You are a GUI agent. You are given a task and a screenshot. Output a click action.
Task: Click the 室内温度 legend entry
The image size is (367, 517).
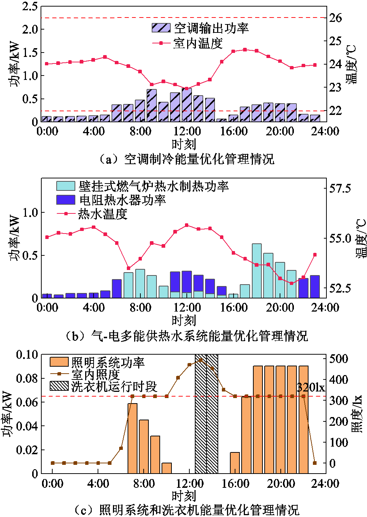tap(198, 43)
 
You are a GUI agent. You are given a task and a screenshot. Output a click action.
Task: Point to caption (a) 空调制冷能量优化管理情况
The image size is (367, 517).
tap(186, 159)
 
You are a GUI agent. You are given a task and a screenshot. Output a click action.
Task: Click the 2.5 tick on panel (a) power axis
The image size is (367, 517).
tap(30, 6)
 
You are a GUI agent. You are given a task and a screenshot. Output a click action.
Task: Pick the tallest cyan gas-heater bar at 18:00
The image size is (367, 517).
tap(257, 271)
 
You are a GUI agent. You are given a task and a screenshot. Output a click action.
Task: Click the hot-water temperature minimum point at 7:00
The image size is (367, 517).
tap(128, 268)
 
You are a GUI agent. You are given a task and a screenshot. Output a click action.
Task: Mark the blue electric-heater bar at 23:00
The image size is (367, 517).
tap(315, 286)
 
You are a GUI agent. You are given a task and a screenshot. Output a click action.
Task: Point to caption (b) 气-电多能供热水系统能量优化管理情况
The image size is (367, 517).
tap(186, 336)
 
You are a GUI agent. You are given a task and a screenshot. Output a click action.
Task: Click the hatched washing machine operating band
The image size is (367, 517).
tap(207, 414)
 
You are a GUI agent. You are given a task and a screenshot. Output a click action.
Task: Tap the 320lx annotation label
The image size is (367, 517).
tap(311, 387)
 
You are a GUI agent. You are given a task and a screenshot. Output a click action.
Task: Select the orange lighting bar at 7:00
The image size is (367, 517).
tap(132, 438)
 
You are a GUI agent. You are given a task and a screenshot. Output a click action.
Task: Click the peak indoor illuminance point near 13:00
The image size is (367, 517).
tap(201, 360)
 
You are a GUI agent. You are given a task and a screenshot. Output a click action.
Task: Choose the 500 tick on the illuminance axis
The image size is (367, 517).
tap(338, 358)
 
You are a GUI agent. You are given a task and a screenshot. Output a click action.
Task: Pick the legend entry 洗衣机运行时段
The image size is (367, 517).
tap(114, 386)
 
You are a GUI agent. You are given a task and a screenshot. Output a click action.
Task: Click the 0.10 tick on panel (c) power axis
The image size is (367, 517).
tap(27, 354)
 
